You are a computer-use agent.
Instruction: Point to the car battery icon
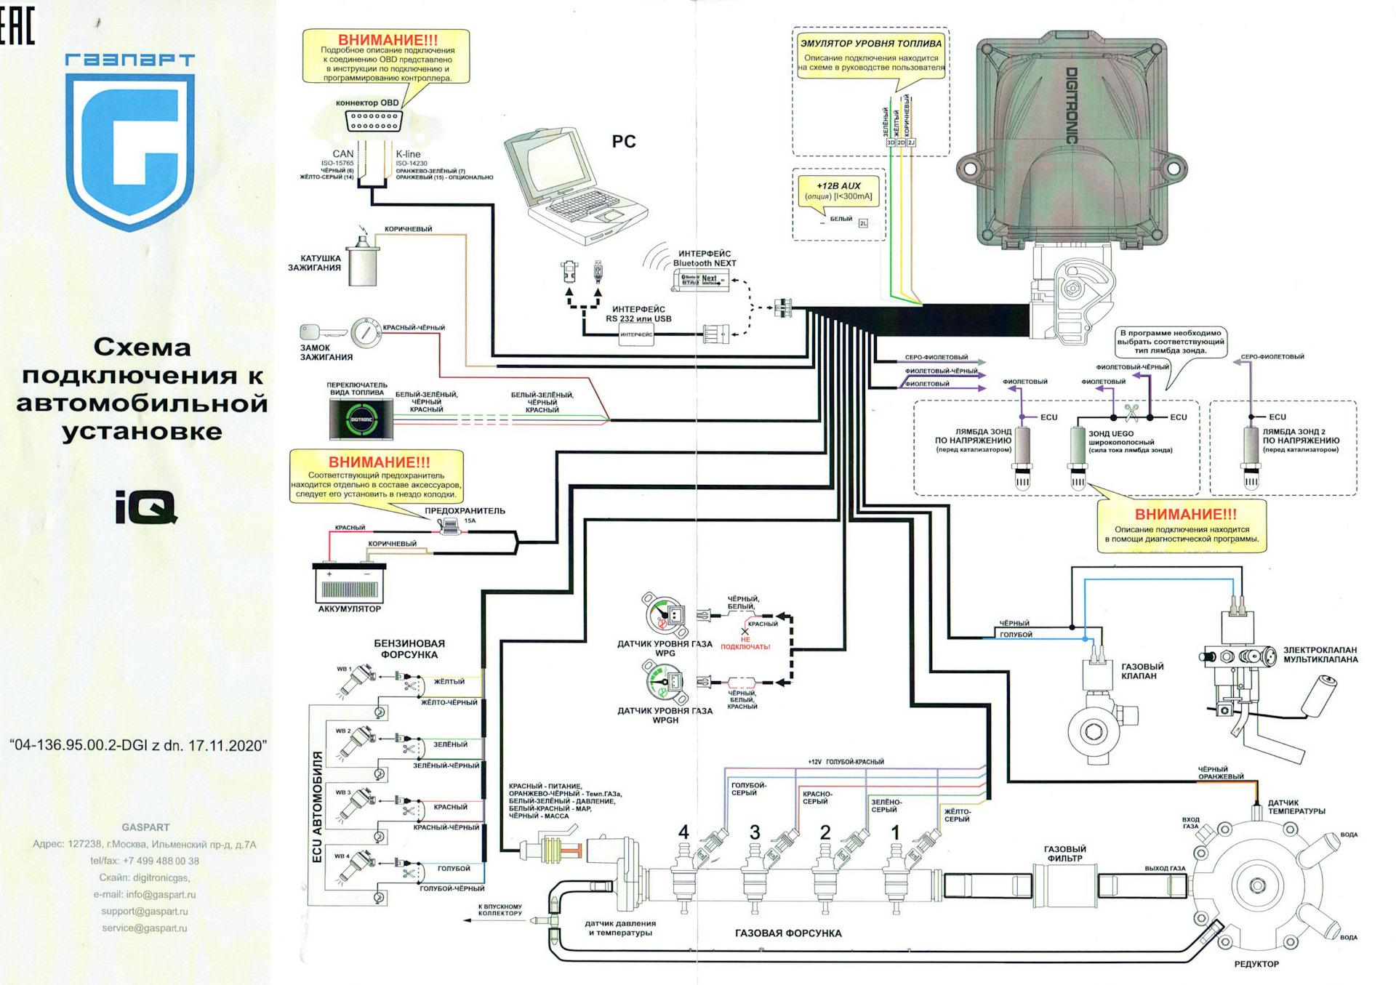pyautogui.click(x=348, y=582)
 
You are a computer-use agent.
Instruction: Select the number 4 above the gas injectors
pyautogui.click(x=683, y=832)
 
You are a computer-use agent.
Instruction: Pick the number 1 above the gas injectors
pyautogui.click(x=895, y=832)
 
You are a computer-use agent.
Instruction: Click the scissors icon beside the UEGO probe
pyautogui.click(x=1131, y=413)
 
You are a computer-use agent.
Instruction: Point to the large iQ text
pyautogui.click(x=145, y=507)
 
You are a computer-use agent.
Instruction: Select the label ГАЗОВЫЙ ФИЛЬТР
pyautogui.click(x=1064, y=853)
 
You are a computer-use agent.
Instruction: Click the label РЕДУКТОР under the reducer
pyautogui.click(x=1256, y=964)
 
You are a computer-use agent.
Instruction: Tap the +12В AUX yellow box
pyautogui.click(x=838, y=191)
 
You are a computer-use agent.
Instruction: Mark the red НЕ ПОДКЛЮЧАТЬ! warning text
pyautogui.click(x=745, y=643)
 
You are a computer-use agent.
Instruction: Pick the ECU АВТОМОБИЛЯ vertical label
pyautogui.click(x=317, y=807)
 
